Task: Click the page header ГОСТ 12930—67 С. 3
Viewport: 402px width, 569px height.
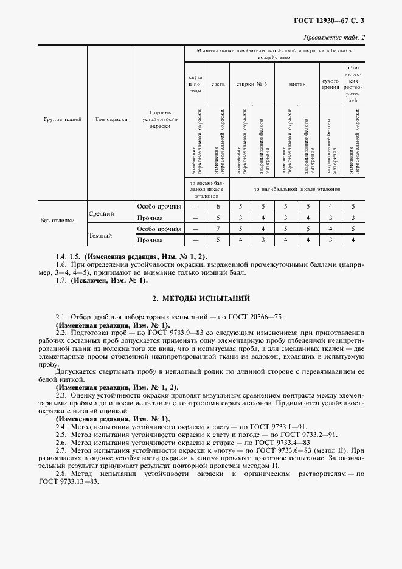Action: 341,21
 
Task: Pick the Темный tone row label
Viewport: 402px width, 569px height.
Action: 100,234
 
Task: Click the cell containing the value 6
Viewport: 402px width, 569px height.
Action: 218,207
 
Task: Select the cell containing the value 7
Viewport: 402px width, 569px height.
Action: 218,229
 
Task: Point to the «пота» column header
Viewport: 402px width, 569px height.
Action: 296,84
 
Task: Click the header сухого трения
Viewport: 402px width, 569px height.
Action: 330,84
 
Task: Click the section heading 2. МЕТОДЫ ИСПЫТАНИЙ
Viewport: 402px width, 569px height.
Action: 201,298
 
